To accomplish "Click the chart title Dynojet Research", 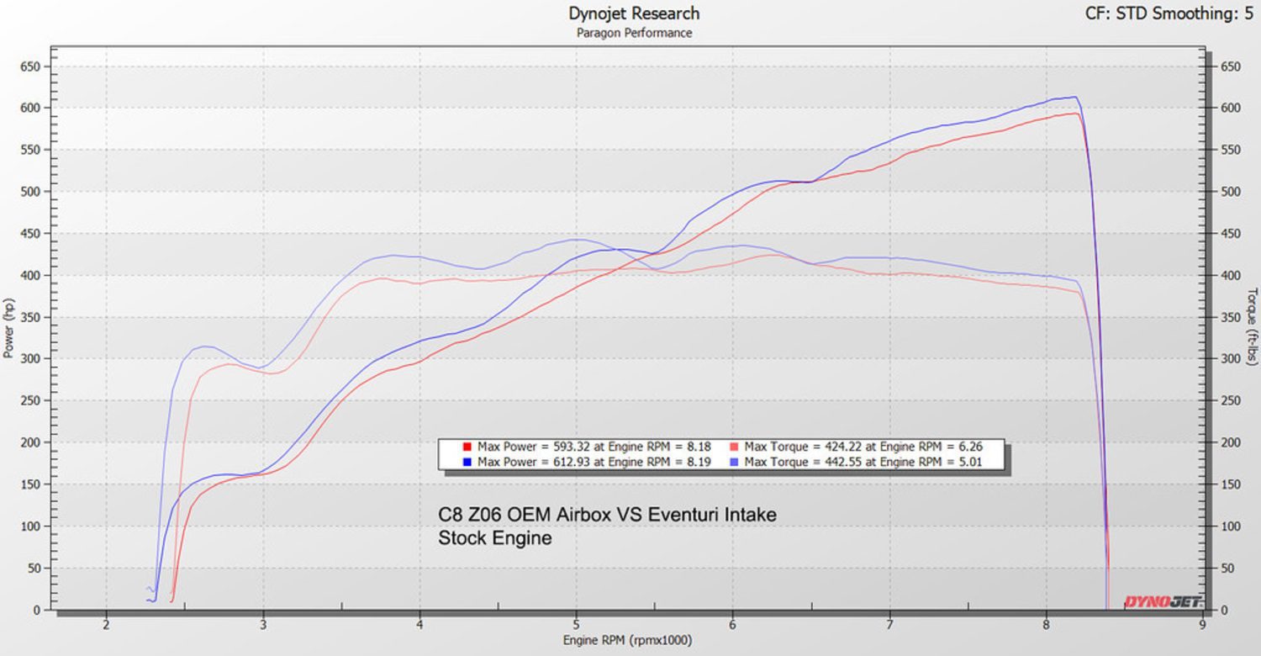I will coord(634,13).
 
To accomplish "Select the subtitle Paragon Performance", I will coord(634,33).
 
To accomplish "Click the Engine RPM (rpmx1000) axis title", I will coord(627,641).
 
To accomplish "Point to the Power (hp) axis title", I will coord(8,328).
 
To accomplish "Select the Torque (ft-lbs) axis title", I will coord(1252,328).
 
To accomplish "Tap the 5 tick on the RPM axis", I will coord(576,625).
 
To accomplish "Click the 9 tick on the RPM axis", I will coord(1202,625).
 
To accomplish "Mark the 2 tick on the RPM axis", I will coord(107,625).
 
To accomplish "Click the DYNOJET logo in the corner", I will coord(1163,601).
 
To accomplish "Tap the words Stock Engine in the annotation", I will coord(495,538).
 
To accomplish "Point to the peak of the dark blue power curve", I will coord(1074,97).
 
